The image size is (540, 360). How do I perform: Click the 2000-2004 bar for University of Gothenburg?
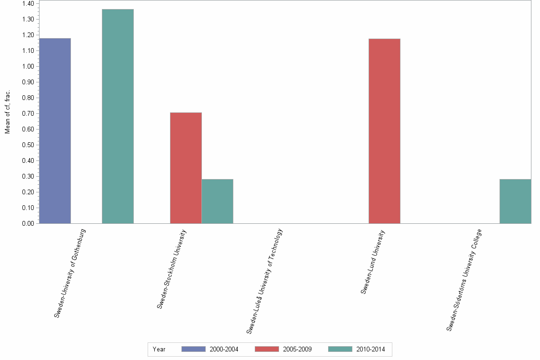coord(55,130)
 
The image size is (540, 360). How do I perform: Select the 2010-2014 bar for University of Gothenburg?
coord(118,116)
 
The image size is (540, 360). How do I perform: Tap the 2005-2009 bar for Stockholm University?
coord(186,168)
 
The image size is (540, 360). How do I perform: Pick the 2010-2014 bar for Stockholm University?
coord(217,201)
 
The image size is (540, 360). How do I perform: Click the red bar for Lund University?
coord(384,130)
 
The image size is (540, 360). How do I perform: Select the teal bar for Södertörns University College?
coord(515,201)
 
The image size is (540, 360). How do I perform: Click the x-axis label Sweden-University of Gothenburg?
coord(70,273)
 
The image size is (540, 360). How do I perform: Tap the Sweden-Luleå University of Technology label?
coord(265,280)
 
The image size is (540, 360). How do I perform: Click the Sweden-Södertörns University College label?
coord(464,280)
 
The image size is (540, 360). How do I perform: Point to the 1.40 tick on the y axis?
coord(28,4)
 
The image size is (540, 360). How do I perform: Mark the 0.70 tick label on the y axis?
coord(28,113)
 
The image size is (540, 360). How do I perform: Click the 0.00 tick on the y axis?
coord(28,223)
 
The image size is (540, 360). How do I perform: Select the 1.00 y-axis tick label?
coord(28,67)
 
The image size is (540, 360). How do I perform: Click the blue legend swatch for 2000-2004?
coord(193,349)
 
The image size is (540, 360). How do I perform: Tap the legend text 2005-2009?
coord(297,349)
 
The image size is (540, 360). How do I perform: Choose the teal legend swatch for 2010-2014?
coord(340,349)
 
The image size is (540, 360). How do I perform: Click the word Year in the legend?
coord(159,349)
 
